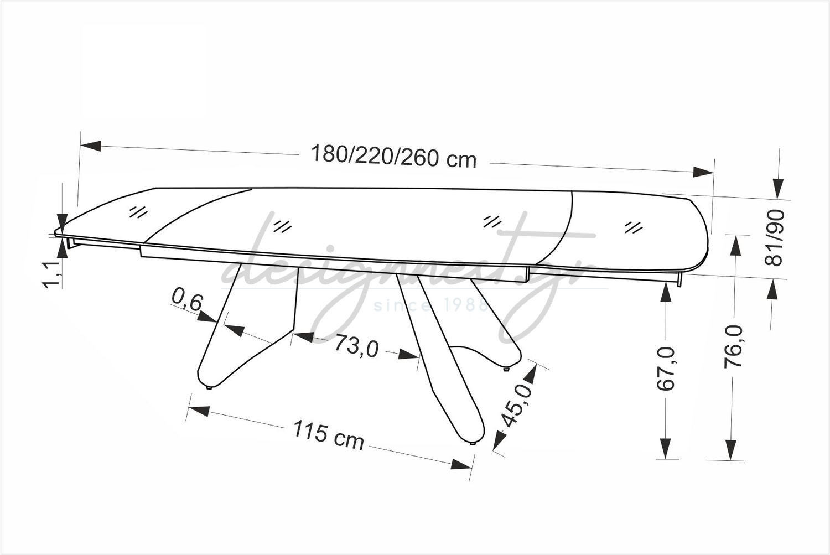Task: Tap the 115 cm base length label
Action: coord(328,435)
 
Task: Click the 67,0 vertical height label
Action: coord(666,369)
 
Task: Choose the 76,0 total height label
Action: coord(734,347)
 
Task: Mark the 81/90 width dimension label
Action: coord(774,237)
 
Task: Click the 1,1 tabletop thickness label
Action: coord(50,274)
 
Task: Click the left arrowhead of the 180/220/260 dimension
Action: coord(91,145)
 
